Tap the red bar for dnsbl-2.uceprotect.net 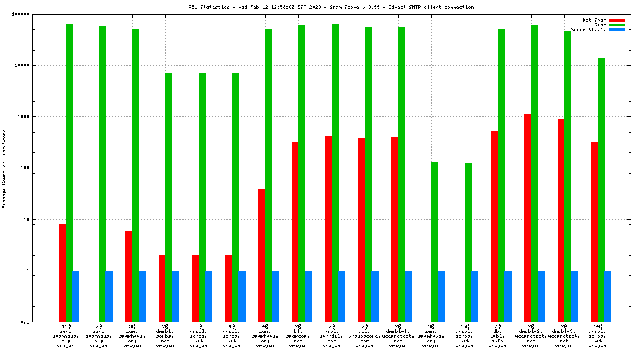tap(528, 218)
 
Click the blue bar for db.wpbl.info tap(508, 296)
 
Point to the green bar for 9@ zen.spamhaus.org tap(435, 242)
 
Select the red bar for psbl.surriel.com tap(328, 229)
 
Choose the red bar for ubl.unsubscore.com tap(361, 230)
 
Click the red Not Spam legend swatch tap(617, 20)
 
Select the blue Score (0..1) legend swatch tap(617, 29)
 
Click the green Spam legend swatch tap(617, 25)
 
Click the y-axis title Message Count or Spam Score tap(4, 169)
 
